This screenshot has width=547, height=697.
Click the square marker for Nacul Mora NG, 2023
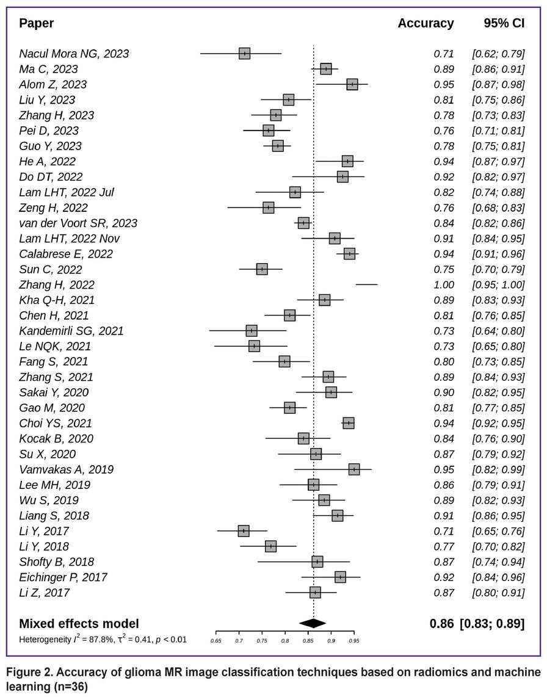pyautogui.click(x=245, y=54)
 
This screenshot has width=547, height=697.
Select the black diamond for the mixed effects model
pyautogui.click(x=313, y=623)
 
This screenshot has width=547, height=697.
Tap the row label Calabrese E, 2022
pyautogui.click(x=66, y=254)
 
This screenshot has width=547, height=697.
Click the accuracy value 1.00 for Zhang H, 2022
pyautogui.click(x=444, y=285)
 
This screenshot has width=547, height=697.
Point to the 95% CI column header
pyautogui.click(x=504, y=24)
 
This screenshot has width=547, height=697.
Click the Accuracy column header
pyautogui.click(x=426, y=24)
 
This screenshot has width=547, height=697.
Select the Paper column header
pyautogui.click(x=37, y=24)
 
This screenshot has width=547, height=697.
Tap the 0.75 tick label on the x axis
pyautogui.click(x=262, y=641)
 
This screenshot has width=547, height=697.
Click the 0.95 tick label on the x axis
pyautogui.click(x=353, y=641)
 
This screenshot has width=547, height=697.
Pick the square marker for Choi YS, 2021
pyautogui.click(x=349, y=424)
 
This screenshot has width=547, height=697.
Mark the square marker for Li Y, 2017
pyautogui.click(x=244, y=531)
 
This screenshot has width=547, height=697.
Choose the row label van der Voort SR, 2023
pyautogui.click(x=78, y=223)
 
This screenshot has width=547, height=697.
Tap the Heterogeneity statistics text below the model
pyautogui.click(x=103, y=640)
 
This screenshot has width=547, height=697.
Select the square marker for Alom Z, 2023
pyautogui.click(x=352, y=84)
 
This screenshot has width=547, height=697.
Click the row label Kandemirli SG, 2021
pyautogui.click(x=71, y=331)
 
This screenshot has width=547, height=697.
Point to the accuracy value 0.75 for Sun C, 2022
pyautogui.click(x=444, y=270)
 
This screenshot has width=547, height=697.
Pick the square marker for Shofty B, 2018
pyautogui.click(x=317, y=562)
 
